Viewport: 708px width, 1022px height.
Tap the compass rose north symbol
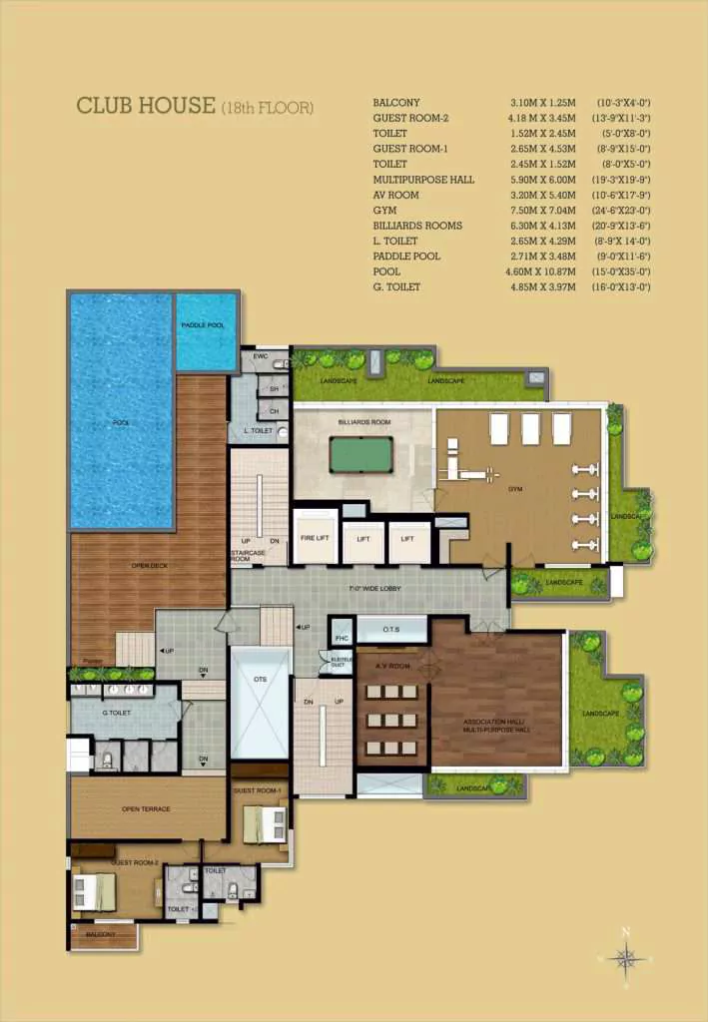point(626,959)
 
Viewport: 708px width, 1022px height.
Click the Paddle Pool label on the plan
point(206,326)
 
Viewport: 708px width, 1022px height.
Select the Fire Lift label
point(315,539)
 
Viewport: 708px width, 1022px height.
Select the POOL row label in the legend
point(386,271)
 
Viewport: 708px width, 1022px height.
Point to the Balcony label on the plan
point(100,935)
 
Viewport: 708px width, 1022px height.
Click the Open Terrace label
point(146,809)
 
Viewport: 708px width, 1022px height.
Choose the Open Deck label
point(148,566)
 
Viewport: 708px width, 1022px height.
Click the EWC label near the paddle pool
point(260,356)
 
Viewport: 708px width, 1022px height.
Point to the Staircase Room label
point(247,556)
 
